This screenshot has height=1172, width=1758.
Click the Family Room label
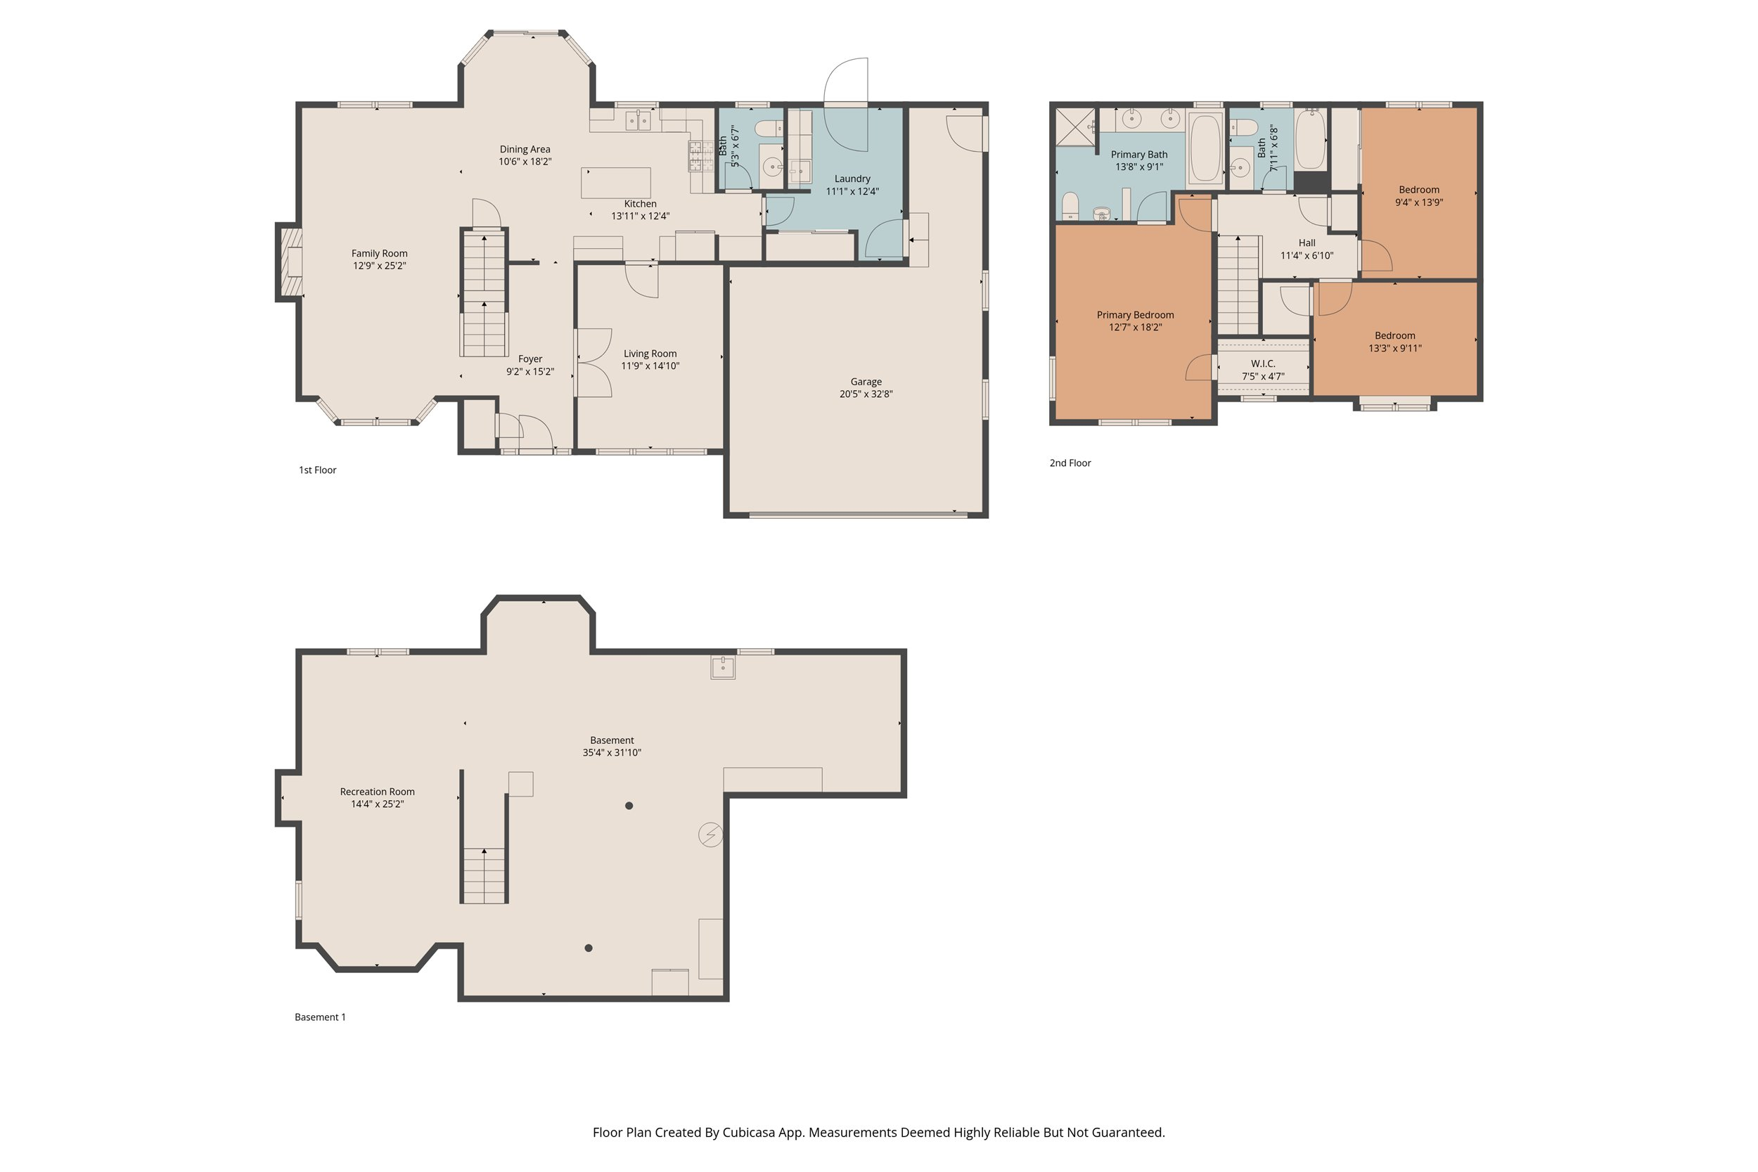[379, 253]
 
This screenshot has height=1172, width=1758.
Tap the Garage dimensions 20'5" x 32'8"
[866, 394]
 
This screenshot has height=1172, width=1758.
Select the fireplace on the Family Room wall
[290, 262]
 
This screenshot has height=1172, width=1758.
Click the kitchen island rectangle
[615, 182]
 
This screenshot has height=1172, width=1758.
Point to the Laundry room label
[852, 179]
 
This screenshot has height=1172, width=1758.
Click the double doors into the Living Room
[594, 363]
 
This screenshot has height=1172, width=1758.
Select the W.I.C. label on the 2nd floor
[1262, 363]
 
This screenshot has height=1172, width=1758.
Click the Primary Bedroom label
[1135, 315]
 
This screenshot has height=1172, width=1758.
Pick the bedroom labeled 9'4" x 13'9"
[1418, 196]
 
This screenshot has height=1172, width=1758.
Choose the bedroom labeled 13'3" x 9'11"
[1394, 342]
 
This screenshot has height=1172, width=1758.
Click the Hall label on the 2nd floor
[1307, 243]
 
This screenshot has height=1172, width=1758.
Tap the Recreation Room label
[377, 792]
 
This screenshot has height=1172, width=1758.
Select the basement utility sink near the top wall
[723, 667]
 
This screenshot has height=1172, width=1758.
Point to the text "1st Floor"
[318, 470]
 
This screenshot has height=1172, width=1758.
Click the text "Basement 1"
[320, 1017]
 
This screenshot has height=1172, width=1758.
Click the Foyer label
[530, 359]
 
